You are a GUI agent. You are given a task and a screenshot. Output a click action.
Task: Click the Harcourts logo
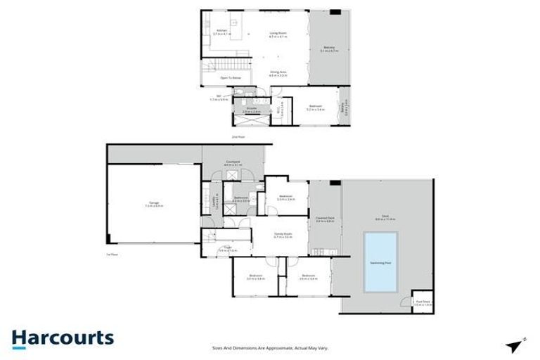63,337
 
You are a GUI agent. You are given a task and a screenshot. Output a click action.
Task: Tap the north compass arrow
515,345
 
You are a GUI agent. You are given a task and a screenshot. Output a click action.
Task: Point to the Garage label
153,205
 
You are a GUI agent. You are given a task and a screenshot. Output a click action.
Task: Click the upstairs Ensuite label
251,109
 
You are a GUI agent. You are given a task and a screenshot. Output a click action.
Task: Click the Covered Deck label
324,219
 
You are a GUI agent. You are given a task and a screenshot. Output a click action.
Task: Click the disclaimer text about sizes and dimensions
270,347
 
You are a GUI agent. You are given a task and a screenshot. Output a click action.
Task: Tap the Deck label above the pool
385,219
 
